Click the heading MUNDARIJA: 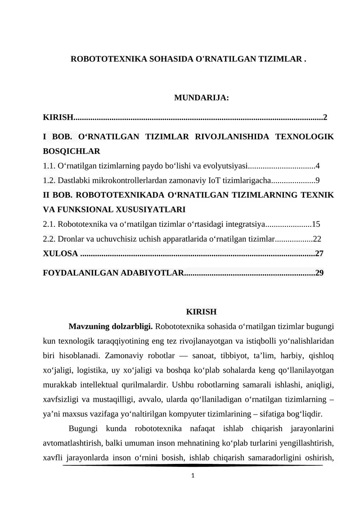[x=201, y=98]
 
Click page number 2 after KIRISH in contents [x=325, y=118]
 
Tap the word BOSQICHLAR [x=71, y=151]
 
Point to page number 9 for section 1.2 [x=317, y=180]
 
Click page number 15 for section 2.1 [x=316, y=224]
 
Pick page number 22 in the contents [x=317, y=239]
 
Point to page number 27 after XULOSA [x=319, y=254]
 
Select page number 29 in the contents [x=319, y=273]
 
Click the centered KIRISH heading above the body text [x=201, y=311]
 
